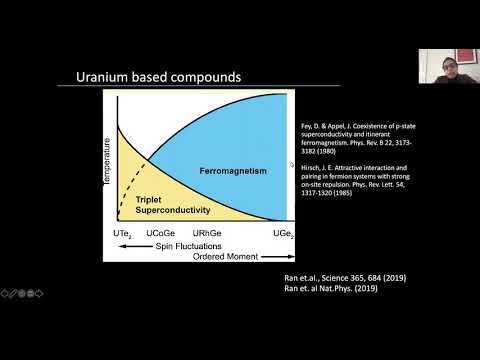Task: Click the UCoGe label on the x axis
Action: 161,233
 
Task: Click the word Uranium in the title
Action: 103,79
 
